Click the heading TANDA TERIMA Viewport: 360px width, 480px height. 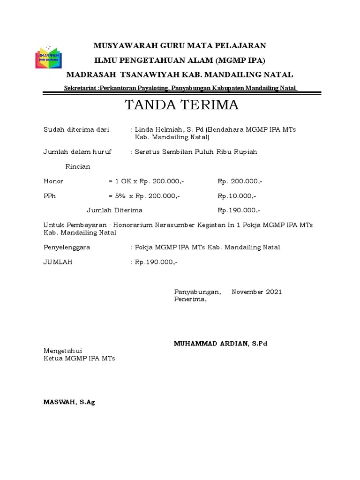coord(182,105)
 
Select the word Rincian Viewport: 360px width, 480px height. coord(78,166)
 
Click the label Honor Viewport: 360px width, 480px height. coord(53,181)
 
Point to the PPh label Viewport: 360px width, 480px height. coord(50,196)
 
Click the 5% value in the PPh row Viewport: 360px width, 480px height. coord(121,196)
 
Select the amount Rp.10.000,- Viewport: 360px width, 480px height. coord(237,196)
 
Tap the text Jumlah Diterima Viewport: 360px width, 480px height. coord(115,210)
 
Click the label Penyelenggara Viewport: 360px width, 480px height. coord(67,247)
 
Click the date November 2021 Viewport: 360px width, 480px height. coord(257,292)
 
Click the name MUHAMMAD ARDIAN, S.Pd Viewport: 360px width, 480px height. coord(220,344)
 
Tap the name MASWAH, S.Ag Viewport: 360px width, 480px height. coord(69,402)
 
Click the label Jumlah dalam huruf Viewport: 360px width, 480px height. coord(77,152)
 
